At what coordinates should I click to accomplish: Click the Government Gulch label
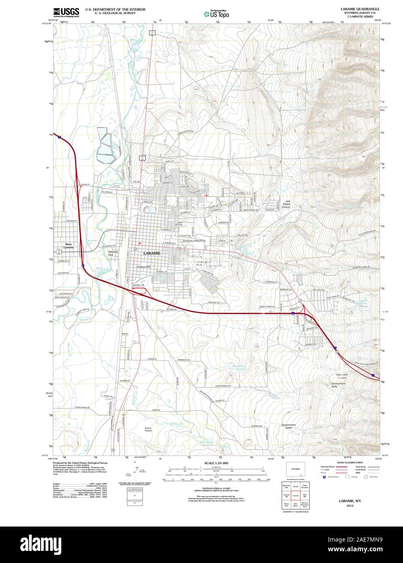pyautogui.click(x=288, y=426)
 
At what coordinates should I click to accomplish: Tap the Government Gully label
pyautogui.click(x=338, y=385)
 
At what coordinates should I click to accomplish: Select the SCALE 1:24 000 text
pyautogui.click(x=216, y=463)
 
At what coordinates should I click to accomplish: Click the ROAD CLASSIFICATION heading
pyautogui.click(x=347, y=462)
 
